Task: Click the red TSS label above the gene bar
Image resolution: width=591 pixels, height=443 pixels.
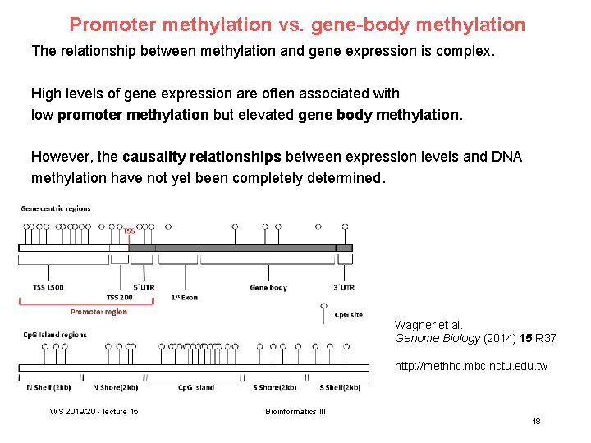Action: [x=129, y=231]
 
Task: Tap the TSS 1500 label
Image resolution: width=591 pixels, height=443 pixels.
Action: [x=48, y=287]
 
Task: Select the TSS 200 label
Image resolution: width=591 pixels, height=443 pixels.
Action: [x=119, y=297]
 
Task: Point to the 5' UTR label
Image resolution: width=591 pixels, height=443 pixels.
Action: [x=144, y=287]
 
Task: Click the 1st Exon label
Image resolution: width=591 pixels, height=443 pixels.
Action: [x=185, y=296]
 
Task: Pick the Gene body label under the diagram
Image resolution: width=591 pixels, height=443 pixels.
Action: [x=268, y=287]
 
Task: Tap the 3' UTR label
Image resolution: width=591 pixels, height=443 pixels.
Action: [x=344, y=287]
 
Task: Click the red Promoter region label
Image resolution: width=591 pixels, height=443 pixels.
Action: [x=98, y=312]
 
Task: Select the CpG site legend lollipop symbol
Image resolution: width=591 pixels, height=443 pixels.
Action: [x=324, y=307]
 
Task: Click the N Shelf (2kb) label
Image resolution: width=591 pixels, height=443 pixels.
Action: [x=48, y=387]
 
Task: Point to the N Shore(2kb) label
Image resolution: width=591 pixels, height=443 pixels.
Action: [x=116, y=387]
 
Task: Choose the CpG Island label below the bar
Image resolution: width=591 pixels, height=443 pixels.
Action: [x=196, y=387]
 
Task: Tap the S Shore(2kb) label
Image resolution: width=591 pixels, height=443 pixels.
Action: [x=274, y=387]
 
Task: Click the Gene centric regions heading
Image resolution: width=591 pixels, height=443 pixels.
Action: [x=56, y=208]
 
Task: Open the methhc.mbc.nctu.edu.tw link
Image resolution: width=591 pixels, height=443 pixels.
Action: [x=470, y=366]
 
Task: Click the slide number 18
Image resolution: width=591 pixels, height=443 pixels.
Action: [x=536, y=421]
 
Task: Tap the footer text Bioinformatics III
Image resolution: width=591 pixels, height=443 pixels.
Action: [x=295, y=411]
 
